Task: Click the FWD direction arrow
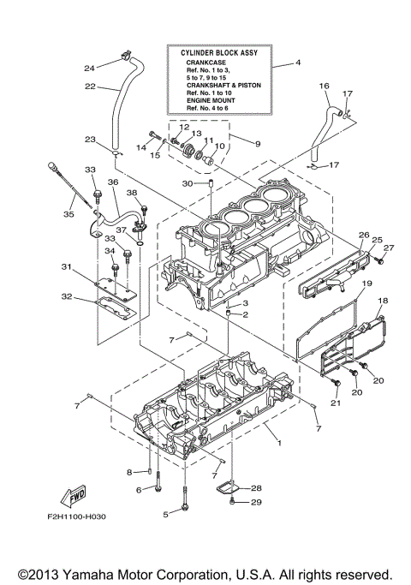71,497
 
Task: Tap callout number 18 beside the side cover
383,301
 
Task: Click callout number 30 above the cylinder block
188,183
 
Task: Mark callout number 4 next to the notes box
298,63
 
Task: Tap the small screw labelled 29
232,503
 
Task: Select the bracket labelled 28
224,487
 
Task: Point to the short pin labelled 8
151,470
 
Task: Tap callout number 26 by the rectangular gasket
363,235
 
